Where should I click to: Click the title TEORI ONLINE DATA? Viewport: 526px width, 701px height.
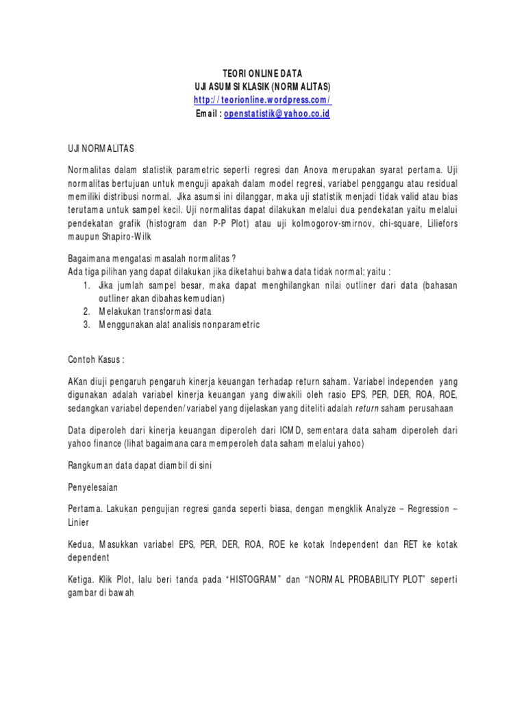[263, 73]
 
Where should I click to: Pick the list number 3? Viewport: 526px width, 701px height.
[86, 324]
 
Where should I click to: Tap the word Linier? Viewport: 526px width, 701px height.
[78, 522]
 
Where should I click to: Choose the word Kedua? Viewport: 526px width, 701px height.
[80, 544]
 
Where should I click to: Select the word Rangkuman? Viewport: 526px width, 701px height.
[91, 466]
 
